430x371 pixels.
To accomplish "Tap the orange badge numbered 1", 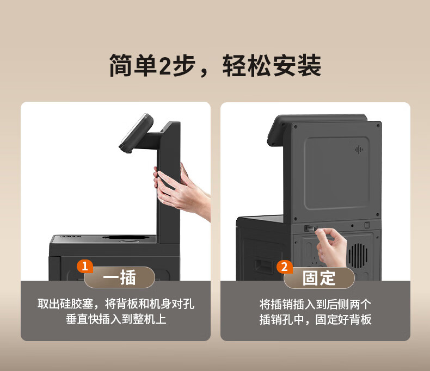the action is pos(84,267).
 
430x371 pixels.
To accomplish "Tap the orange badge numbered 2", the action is pos(284,267).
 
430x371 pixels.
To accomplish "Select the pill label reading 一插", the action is pos(119,277).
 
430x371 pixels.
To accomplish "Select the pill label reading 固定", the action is pos(319,278).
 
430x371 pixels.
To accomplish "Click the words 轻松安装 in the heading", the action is pos(272,65).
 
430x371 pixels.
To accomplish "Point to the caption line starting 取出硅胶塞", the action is pos(116,304).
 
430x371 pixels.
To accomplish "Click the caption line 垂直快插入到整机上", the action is pos(116,319).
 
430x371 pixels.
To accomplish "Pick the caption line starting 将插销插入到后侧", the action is pos(315,304).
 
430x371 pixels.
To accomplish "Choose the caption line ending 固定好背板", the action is pos(315,319).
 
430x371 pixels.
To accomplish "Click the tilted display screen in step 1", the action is pos(136,133).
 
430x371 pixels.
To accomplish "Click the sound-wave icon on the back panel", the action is pos(359,150).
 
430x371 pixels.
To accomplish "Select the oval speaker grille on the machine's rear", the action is pos(358,256).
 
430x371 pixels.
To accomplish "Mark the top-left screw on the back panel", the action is pos(296,127).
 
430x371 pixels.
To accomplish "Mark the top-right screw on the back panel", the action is pos(378,126).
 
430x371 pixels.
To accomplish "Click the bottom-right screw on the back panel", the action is pos(378,215).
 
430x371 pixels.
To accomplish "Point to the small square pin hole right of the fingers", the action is pos(367,225).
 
